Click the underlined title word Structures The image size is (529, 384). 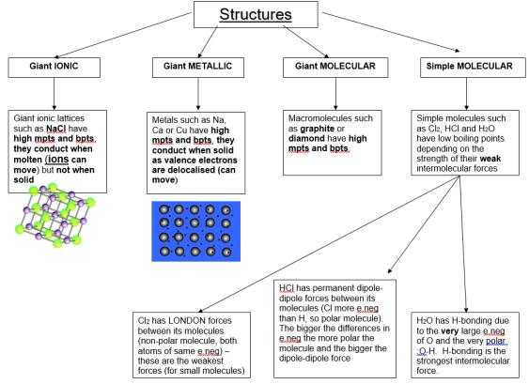coord(256,14)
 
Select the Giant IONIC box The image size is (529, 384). coord(54,68)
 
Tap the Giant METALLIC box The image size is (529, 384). coord(198,68)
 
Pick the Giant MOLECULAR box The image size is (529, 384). coord(335,68)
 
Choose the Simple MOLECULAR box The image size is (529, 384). coord(473,68)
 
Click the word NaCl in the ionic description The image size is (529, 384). coord(56,129)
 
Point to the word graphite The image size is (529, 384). coord(318,129)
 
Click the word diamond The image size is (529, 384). coord(306,139)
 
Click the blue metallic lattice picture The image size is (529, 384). coord(196,231)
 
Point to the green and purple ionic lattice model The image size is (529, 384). coord(55,214)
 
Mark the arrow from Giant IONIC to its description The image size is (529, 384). coord(54,94)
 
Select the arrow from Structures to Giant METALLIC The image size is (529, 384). coord(208,42)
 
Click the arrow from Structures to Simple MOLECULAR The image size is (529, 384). coord(391,32)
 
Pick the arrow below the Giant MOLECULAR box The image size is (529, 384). coord(335,94)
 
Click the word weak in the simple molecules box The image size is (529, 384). coord(490,159)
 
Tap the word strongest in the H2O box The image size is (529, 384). coord(434,361)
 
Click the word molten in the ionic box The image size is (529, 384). coord(27,160)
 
